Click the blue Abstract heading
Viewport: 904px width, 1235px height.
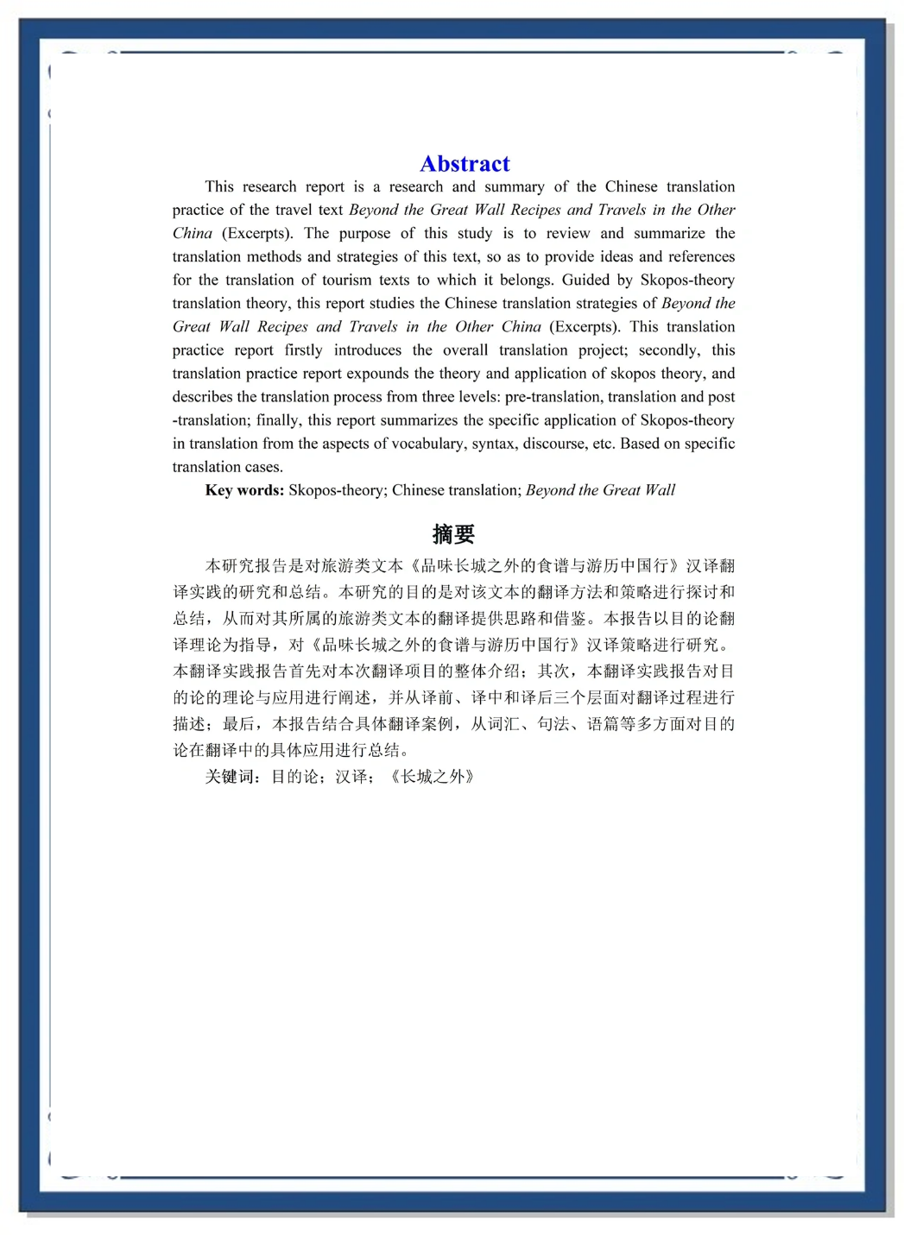465,164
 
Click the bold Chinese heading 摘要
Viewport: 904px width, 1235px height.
453,534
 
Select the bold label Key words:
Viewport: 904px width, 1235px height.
244,490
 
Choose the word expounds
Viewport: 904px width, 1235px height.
378,374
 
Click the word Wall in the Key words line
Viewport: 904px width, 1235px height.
660,490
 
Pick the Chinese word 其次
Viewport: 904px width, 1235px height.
553,671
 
